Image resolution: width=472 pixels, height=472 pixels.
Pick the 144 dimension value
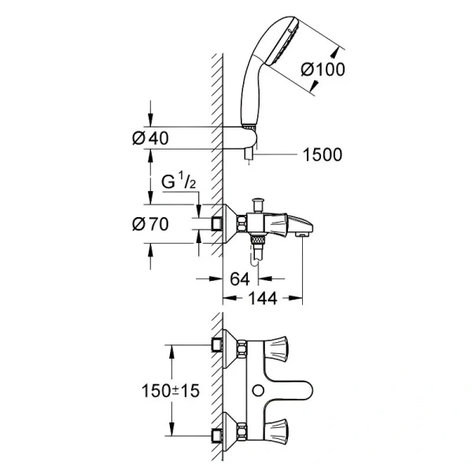(263, 298)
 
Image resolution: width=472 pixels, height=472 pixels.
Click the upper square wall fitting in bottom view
(216, 346)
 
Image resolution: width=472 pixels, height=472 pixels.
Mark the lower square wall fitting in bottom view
(216, 435)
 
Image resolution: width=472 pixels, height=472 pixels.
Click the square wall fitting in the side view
(217, 224)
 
